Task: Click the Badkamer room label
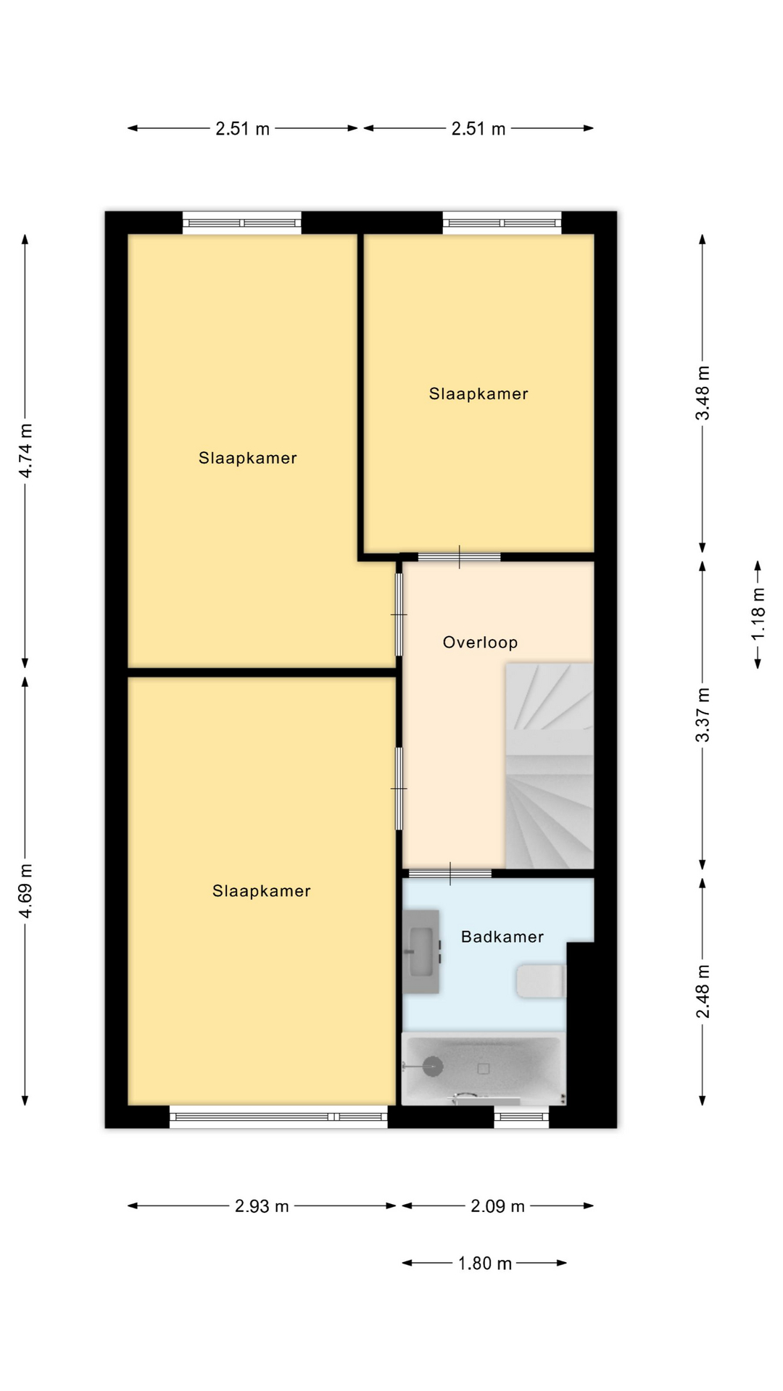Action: (502, 937)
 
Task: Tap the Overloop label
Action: (480, 643)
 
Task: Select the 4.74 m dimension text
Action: (25, 451)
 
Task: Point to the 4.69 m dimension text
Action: (25, 891)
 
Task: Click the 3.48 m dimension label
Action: (703, 393)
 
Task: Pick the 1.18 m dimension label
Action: (758, 614)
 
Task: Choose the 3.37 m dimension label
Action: (703, 715)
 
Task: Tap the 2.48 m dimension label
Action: (703, 991)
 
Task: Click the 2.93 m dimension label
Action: (262, 1206)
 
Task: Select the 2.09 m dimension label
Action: (497, 1206)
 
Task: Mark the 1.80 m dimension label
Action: (484, 1263)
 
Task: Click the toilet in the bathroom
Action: (541, 981)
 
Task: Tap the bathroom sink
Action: (421, 952)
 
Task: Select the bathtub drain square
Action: (484, 1069)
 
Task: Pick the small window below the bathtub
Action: (521, 1116)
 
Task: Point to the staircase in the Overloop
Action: (550, 766)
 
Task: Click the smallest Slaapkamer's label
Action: (478, 394)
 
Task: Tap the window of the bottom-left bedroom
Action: (278, 1116)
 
